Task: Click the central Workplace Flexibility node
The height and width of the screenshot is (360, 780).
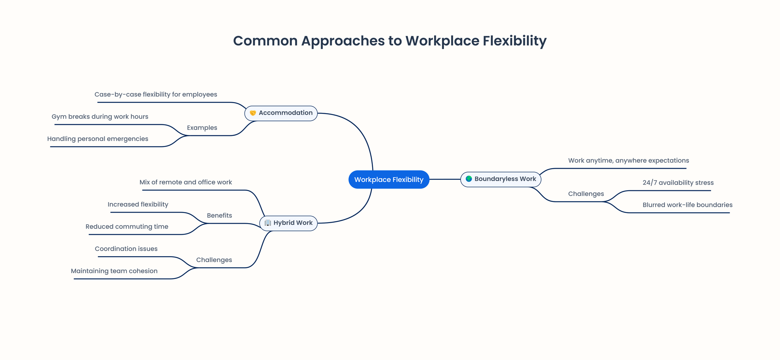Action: coord(389,180)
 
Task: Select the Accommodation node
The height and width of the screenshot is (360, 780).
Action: coord(281,113)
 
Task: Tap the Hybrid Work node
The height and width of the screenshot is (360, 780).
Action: coord(289,223)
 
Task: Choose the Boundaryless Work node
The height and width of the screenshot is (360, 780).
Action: coord(501,179)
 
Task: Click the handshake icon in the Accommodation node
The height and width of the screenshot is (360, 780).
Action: coord(253,113)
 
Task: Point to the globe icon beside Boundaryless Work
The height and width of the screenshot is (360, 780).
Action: coord(469,179)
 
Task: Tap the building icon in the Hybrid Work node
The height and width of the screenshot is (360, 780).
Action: coord(267,223)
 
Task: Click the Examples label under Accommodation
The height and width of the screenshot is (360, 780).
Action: coord(202,128)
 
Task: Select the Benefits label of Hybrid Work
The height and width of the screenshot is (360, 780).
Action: coord(219,216)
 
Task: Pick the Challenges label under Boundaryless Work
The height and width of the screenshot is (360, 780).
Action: coord(586,194)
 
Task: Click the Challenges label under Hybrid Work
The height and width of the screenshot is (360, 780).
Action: coord(214,260)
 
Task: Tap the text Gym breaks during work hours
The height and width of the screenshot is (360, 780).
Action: coord(100,117)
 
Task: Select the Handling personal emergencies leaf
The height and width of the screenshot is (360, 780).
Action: coord(97,139)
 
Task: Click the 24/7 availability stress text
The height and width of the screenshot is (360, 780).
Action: coord(678,183)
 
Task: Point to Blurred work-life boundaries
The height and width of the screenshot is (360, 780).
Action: coord(687,205)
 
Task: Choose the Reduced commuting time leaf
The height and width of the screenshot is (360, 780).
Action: coord(127,227)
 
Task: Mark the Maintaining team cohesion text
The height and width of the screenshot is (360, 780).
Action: coord(114,271)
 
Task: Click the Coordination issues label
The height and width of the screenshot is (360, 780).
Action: coord(126,249)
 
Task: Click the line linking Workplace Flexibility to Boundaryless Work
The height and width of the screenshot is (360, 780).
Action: coord(445,179)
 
